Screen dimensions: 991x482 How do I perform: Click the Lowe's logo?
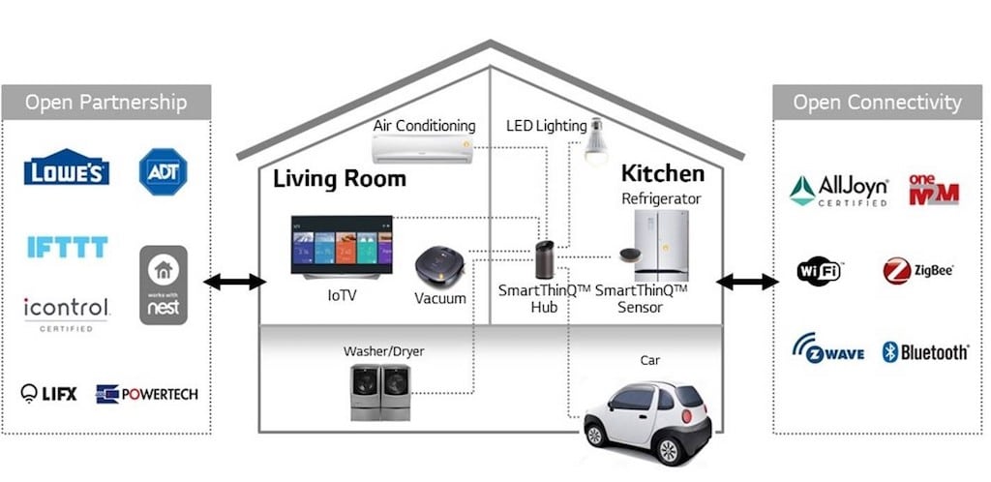67,167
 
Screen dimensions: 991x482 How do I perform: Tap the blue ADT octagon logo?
163,171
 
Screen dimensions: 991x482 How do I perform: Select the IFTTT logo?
68,247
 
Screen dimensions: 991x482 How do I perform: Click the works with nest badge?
163,285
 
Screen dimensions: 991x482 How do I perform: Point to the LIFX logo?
48,394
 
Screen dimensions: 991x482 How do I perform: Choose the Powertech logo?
147,394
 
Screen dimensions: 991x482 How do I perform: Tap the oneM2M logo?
934,190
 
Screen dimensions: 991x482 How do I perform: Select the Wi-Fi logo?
819,272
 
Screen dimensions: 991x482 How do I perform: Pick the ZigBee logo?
918,271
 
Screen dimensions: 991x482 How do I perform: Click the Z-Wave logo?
828,348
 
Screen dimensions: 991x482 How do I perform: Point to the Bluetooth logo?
925,352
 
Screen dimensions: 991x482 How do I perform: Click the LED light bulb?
595,141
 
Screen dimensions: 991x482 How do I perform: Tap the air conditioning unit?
422,149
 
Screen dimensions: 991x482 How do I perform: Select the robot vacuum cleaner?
440,267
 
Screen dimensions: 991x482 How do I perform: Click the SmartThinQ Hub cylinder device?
544,259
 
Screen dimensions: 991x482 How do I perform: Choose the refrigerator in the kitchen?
662,246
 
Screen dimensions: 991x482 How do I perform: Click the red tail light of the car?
686,415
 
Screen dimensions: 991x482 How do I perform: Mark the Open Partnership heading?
106,103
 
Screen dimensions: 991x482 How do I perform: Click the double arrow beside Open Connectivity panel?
747,282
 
